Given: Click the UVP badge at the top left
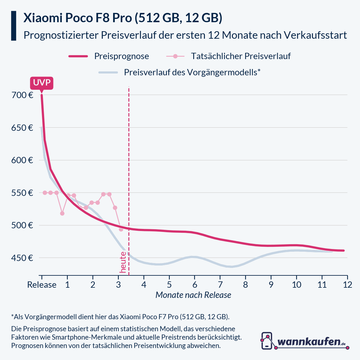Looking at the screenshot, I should [x=41, y=83].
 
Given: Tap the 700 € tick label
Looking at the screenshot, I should [x=22, y=95].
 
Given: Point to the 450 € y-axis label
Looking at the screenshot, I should [x=22, y=258].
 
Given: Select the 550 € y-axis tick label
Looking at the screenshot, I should [x=22, y=193].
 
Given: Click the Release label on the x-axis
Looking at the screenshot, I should [x=42, y=285].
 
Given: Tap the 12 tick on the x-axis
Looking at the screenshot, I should [x=347, y=285].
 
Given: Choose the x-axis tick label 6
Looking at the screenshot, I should [x=194, y=285].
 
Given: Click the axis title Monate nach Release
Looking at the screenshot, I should [x=193, y=295].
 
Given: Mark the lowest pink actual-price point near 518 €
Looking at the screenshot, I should [x=62, y=213].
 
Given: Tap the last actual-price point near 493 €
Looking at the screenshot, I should [x=121, y=229].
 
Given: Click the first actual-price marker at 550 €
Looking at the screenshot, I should [x=45, y=193].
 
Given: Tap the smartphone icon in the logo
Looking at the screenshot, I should [x=267, y=341].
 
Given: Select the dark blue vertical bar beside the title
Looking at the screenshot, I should [x=13, y=26].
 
